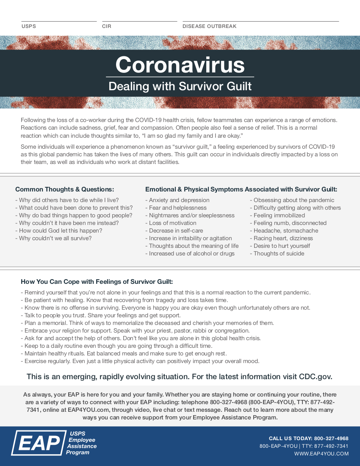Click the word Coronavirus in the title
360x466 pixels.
[180, 65]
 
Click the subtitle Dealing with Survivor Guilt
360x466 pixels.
[180, 86]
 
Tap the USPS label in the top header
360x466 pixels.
[29, 26]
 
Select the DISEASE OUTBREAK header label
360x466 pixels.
[209, 26]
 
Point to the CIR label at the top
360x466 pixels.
[106, 26]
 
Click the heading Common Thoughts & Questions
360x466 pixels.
[64, 189]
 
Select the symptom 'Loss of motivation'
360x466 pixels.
[172, 223]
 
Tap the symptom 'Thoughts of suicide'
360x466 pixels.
[279, 253]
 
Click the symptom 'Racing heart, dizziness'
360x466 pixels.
[283, 238]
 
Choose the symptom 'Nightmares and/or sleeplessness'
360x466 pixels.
[191, 215]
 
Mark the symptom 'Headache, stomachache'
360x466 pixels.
[285, 230]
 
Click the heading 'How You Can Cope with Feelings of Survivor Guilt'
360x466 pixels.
[97, 282]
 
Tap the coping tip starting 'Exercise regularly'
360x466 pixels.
[141, 361]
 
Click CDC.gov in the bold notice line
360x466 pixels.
[316, 377]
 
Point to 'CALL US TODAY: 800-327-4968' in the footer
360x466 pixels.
[308, 438]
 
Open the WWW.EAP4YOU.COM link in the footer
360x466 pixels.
[321, 454]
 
